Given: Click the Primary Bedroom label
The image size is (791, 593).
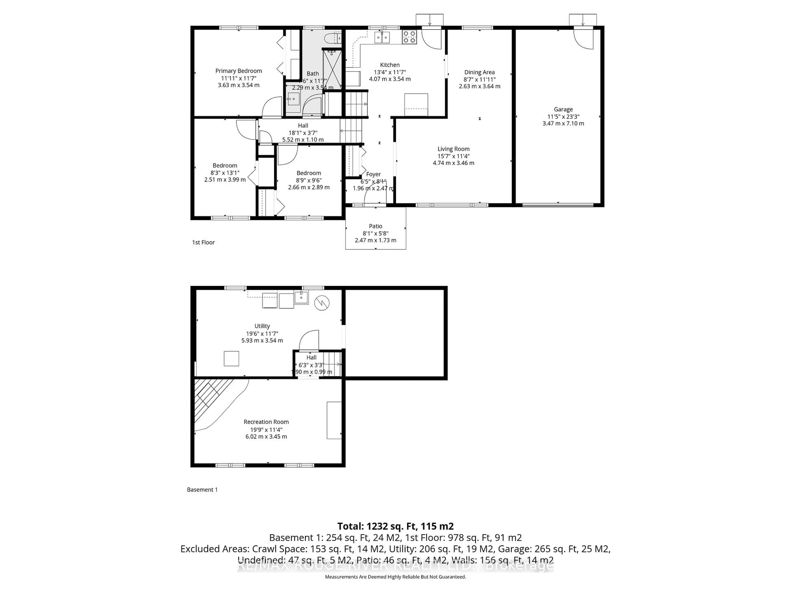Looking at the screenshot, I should coord(239,71).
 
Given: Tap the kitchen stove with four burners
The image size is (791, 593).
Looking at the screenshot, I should coord(410,37).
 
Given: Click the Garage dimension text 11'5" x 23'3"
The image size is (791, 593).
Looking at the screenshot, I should coord(563,117).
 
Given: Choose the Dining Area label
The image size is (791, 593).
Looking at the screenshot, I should coord(479,72).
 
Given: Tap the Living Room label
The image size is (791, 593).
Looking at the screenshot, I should coord(453,149).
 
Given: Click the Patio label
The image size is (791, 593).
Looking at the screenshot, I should coord(376,226).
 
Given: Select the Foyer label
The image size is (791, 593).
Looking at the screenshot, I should coord(373,174).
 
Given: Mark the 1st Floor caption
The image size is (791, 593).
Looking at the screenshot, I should coord(204,242).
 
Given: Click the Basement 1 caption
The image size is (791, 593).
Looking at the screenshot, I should coord(202,490).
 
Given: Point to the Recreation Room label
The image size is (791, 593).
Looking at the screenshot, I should coord(266,422).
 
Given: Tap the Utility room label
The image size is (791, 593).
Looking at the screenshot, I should coord(262,326).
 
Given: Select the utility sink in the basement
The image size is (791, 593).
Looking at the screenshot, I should coord(301,297).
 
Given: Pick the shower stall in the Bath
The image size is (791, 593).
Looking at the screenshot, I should coord(332,70).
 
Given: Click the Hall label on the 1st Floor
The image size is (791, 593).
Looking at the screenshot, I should coord(303,125).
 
